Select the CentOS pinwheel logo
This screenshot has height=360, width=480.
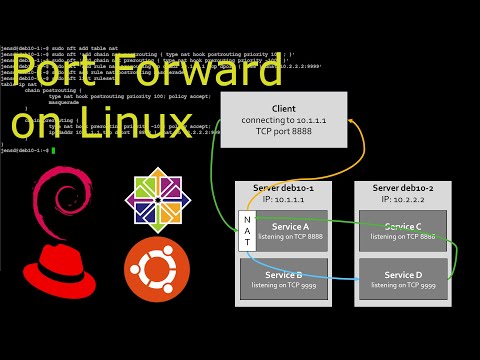click(158, 200)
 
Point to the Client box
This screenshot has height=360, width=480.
click(283, 120)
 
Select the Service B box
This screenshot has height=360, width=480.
click(284, 279)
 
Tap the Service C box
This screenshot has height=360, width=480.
click(403, 231)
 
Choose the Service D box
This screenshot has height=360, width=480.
click(403, 279)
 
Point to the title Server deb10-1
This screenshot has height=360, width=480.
click(283, 188)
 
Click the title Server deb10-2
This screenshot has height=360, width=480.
click(403, 188)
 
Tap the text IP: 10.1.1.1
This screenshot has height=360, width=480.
click(283, 199)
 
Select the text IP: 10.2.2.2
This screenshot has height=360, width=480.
click(403, 199)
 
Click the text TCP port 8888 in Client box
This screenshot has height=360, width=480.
click(283, 131)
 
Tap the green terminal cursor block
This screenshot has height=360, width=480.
click(52, 150)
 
